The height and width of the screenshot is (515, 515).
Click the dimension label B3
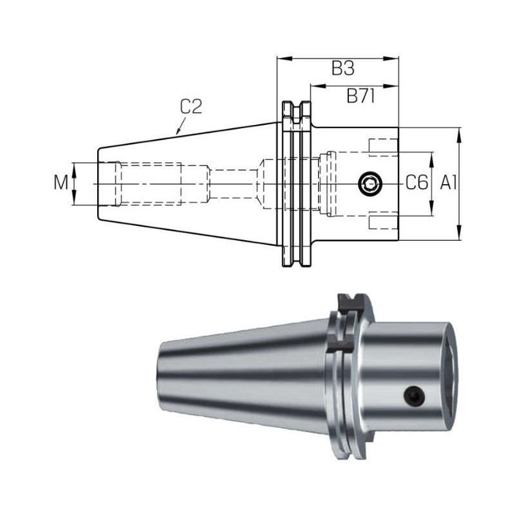point(342,69)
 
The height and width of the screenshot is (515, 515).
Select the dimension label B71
point(360,96)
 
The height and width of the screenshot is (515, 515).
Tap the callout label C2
point(191,107)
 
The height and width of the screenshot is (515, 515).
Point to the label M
point(61,183)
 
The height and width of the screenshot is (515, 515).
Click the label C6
point(417,183)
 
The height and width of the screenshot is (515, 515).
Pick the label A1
point(448,183)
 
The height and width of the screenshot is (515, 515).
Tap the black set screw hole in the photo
point(414,395)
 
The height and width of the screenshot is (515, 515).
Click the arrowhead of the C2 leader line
point(178,131)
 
